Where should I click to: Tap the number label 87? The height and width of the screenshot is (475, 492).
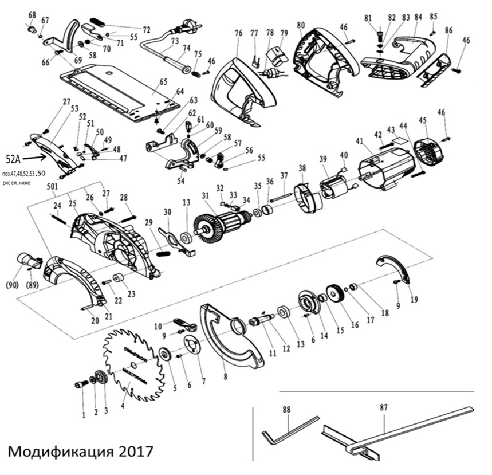[x=384, y=407]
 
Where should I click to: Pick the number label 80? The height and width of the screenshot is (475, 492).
[x=301, y=25]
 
